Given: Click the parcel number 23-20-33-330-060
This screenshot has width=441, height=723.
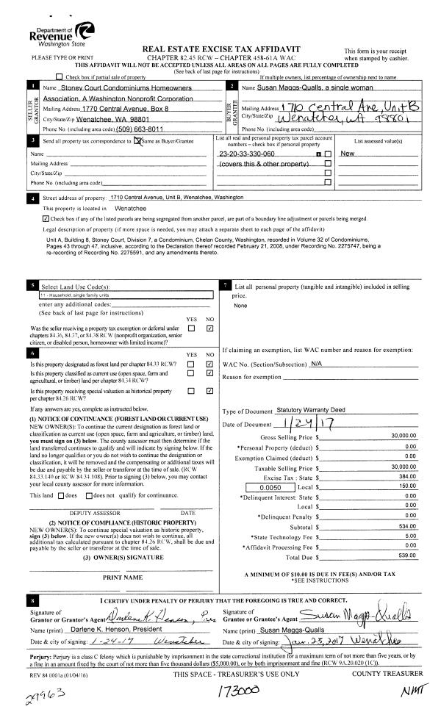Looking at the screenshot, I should click(x=247, y=154).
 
